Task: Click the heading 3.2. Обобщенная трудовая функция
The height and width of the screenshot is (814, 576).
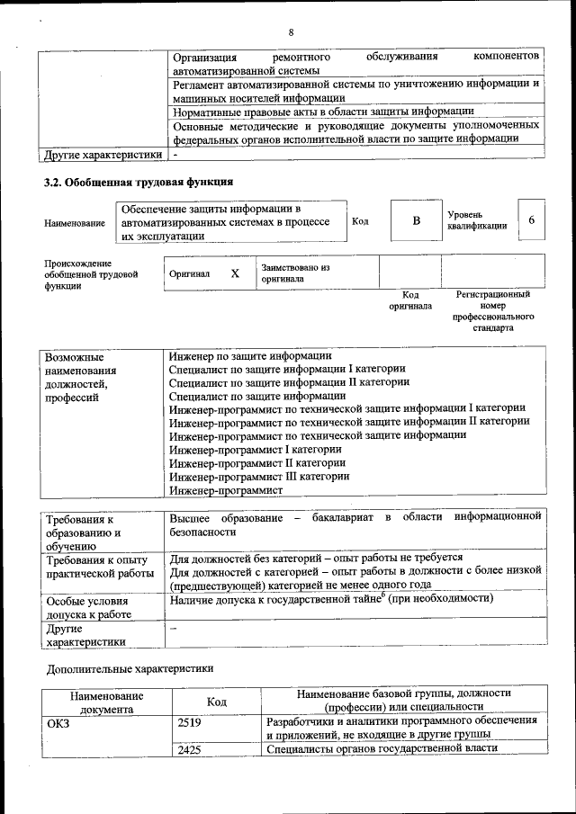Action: click(x=139, y=182)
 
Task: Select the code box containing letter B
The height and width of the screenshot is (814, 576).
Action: click(x=416, y=221)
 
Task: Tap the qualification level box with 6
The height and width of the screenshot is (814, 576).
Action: click(x=531, y=221)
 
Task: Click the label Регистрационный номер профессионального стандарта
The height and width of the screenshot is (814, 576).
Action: click(x=493, y=311)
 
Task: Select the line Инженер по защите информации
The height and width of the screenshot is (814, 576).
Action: click(x=245, y=356)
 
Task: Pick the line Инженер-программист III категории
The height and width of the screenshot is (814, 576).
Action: click(x=259, y=477)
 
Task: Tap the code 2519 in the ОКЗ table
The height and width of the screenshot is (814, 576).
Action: click(x=190, y=721)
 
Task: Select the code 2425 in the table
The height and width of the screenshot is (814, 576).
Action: click(x=190, y=749)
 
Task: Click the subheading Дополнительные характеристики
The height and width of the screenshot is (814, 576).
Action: click(x=130, y=669)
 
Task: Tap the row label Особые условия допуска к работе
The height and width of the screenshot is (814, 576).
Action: click(x=88, y=607)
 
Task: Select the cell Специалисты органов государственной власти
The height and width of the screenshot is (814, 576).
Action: click(x=381, y=749)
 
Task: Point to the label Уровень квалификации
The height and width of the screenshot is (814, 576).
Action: click(x=476, y=220)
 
